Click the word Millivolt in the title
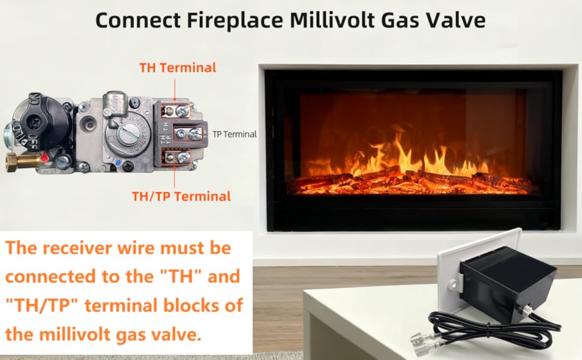(x=332, y=20)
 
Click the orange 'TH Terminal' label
(x=178, y=68)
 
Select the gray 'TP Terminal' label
(x=235, y=134)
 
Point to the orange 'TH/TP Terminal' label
(x=182, y=196)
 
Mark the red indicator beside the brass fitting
(x=45, y=157)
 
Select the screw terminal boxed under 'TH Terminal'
(x=176, y=110)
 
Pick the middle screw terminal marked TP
(x=188, y=134)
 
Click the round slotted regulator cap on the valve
(x=126, y=134)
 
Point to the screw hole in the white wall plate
(x=454, y=285)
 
